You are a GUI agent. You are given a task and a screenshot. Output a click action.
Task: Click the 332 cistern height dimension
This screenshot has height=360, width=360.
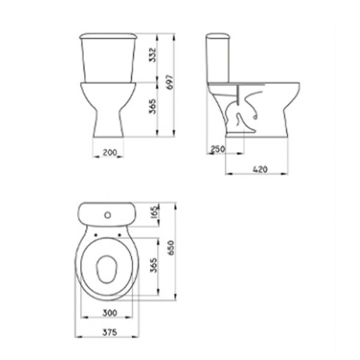point(152,55)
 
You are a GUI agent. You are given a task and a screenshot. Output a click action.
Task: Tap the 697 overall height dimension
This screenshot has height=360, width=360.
point(170,82)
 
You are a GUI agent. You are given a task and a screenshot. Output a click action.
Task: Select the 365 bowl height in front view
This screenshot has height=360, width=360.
point(152,107)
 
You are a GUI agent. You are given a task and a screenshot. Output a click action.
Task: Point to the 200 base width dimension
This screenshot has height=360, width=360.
point(109,152)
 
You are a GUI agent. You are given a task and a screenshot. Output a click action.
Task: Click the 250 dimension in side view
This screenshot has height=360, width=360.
point(218,148)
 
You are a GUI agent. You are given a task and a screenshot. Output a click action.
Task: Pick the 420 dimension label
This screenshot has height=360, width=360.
point(260,169)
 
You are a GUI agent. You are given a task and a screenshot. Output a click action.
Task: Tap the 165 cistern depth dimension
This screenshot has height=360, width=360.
point(156,212)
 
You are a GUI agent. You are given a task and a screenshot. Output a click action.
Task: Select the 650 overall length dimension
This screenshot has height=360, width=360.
point(171,248)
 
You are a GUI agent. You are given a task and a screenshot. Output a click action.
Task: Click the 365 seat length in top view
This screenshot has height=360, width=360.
point(154,265)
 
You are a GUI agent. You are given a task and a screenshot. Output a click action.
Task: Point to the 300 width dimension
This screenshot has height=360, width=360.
point(109,313)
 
